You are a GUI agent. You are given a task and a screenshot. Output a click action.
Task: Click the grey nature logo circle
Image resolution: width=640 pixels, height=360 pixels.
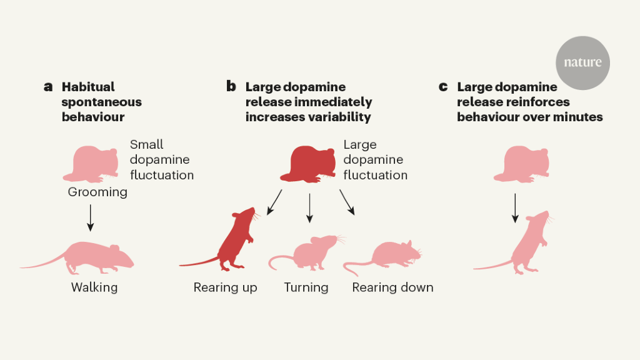point(582,62)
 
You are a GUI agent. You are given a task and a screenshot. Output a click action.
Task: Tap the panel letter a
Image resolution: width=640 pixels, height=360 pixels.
point(48,87)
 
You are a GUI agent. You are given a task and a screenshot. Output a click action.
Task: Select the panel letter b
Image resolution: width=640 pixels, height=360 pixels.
point(231,87)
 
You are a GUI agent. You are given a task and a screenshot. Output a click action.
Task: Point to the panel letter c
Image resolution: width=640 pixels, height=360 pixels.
point(443,87)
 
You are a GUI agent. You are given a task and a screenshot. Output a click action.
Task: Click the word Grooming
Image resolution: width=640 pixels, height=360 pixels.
point(97,192)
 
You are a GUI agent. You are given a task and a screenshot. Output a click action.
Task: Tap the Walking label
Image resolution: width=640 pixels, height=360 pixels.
point(94,287)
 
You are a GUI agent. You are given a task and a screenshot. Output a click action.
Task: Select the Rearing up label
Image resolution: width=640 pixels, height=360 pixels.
point(225,287)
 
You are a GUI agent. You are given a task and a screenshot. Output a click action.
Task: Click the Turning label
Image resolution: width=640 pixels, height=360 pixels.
point(306,287)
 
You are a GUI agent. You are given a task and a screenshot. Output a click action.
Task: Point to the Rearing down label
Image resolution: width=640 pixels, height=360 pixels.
point(392,287)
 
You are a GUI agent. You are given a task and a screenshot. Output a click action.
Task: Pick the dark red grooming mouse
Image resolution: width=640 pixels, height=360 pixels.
point(309,164)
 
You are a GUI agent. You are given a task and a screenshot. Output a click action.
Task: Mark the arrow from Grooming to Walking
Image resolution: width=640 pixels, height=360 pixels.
point(90,217)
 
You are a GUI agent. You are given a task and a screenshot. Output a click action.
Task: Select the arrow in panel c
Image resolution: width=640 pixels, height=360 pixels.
point(515,207)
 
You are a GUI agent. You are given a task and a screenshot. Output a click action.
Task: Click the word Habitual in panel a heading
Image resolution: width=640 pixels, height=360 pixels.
point(88,87)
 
